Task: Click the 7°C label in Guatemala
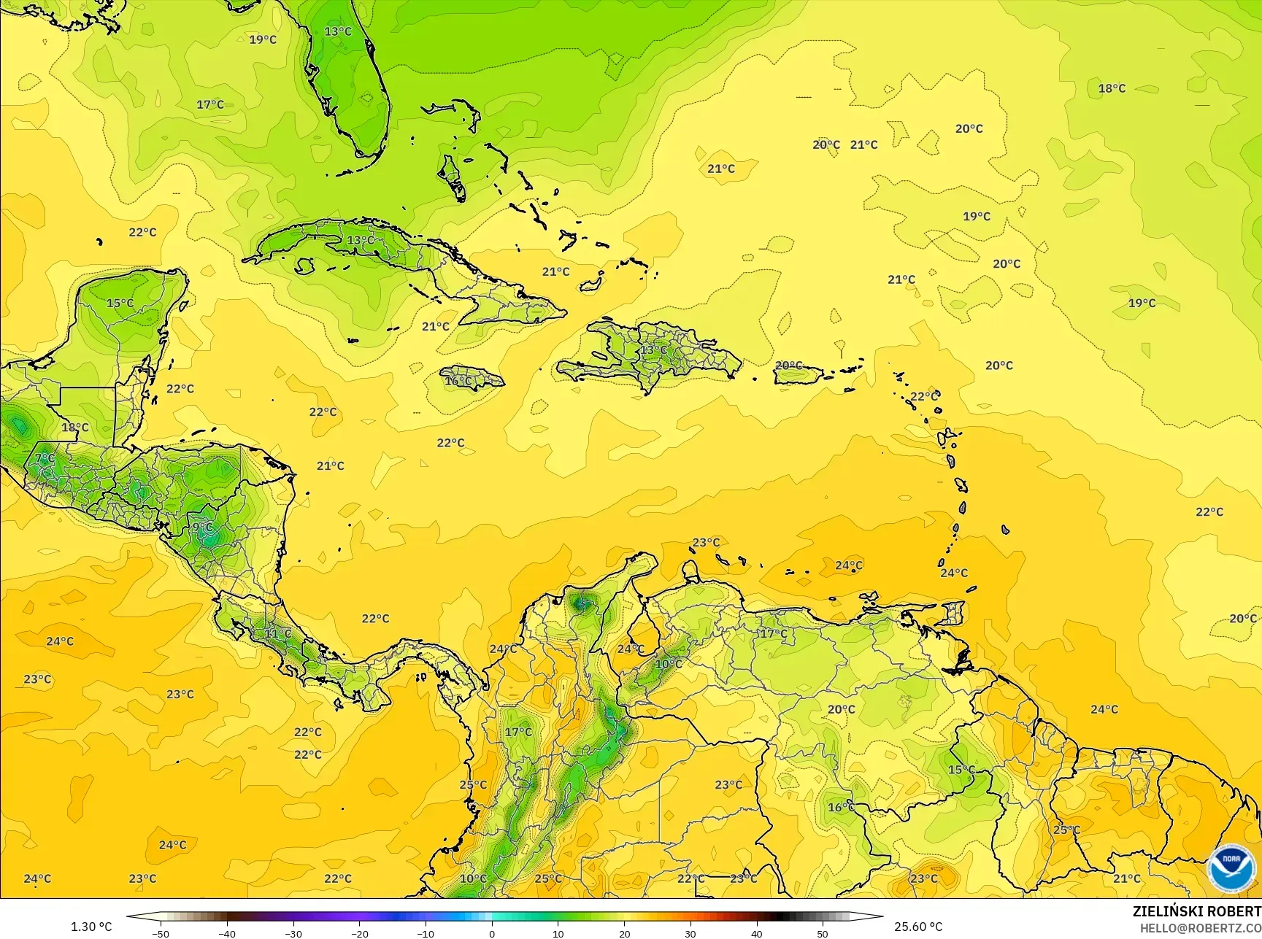[x=45, y=458]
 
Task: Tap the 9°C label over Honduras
[x=202, y=527]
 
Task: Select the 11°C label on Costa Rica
[x=277, y=633]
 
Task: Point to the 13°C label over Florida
[x=338, y=31]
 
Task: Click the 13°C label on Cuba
[x=361, y=240]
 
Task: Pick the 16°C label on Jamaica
[x=458, y=381]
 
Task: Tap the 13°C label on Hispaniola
[x=653, y=349]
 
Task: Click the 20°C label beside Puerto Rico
[x=788, y=366]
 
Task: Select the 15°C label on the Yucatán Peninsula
[x=120, y=303]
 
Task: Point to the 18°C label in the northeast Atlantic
[x=1112, y=88]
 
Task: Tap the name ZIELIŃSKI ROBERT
[x=1196, y=911]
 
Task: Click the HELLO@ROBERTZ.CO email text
[x=1201, y=927]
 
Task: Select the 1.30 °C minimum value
[x=91, y=927]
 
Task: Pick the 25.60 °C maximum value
[x=919, y=927]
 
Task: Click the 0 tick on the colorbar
[x=492, y=933]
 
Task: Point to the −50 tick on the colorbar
[x=160, y=933]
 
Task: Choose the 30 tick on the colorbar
[x=690, y=933]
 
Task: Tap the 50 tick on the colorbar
[x=823, y=933]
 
